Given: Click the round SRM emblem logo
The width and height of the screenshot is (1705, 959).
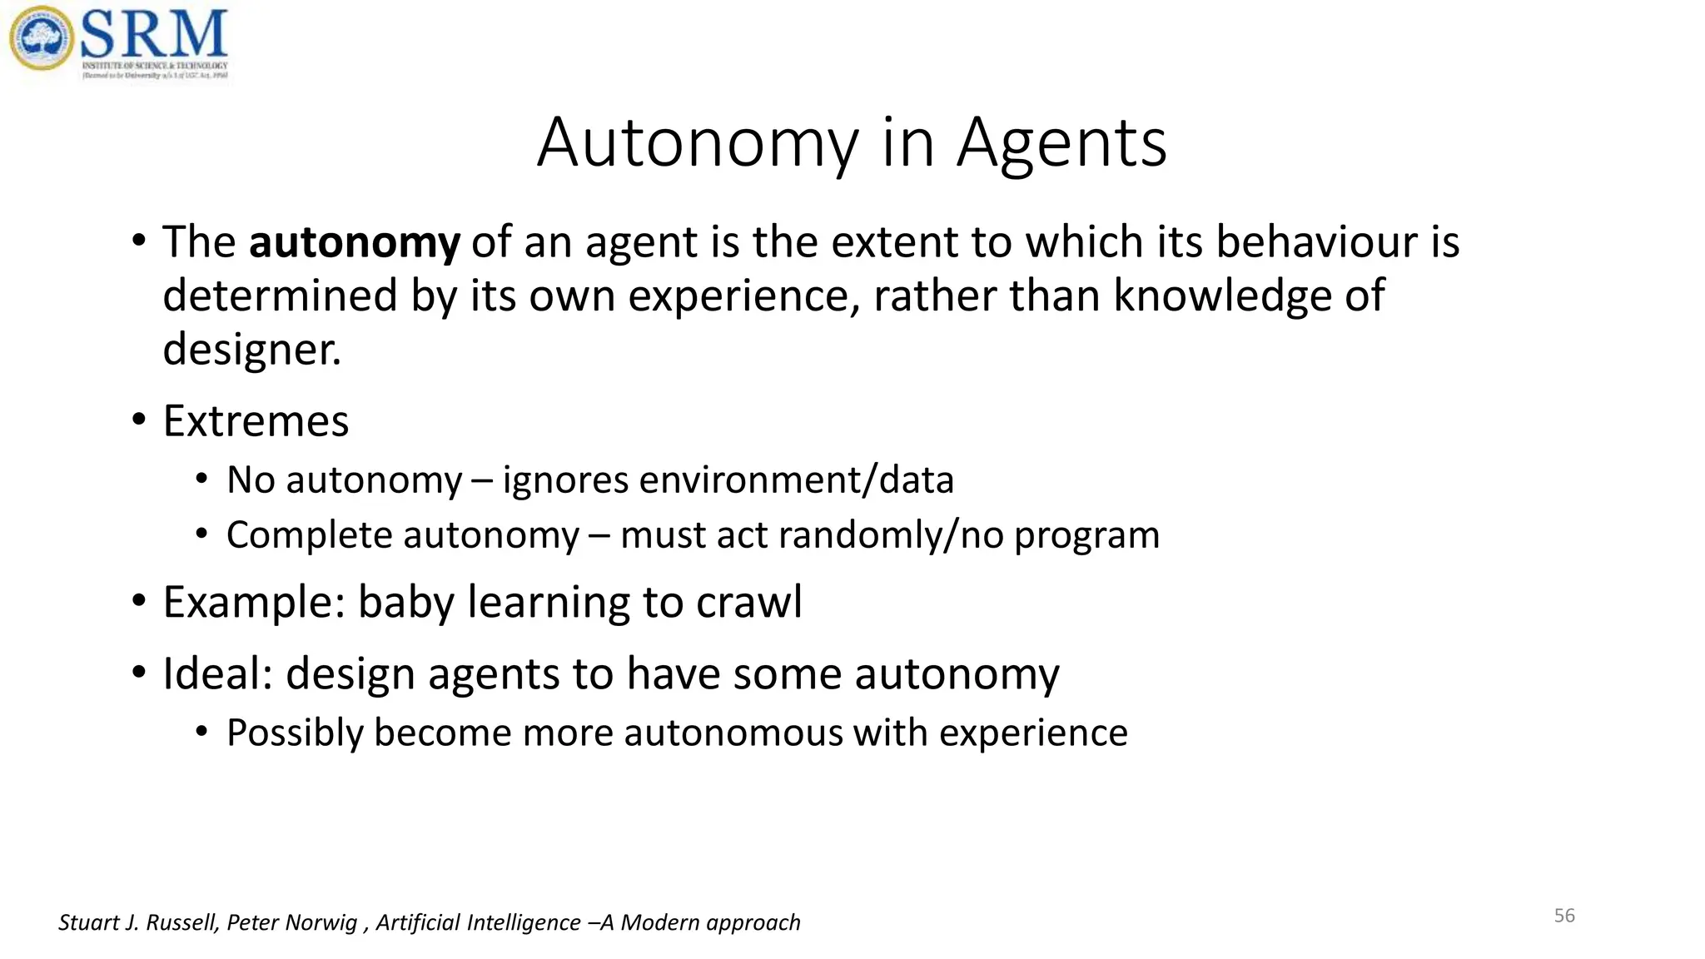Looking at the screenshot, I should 41,38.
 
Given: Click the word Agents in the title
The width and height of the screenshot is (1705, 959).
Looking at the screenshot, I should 1061,143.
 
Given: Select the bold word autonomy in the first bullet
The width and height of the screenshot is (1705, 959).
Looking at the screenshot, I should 354,243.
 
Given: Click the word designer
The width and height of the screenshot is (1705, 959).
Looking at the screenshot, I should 251,350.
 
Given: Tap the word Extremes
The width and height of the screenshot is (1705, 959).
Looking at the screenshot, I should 256,421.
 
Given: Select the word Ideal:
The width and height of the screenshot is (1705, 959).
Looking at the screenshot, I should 218,673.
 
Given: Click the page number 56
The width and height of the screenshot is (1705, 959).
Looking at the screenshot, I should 1564,916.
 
